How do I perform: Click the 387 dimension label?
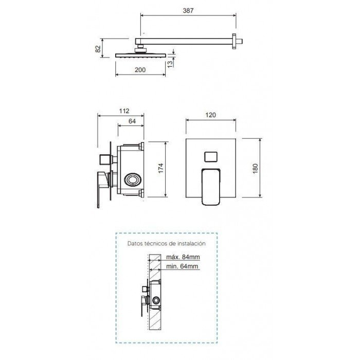[188, 11]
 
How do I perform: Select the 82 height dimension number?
[98, 49]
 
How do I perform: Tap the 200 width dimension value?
[140, 70]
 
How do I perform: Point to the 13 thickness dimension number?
[170, 64]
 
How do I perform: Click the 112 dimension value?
[124, 111]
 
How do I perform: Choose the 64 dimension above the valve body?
[132, 121]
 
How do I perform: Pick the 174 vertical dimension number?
[160, 168]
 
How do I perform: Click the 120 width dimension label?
[210, 115]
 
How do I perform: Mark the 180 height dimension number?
[255, 169]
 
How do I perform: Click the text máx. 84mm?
[183, 257]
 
